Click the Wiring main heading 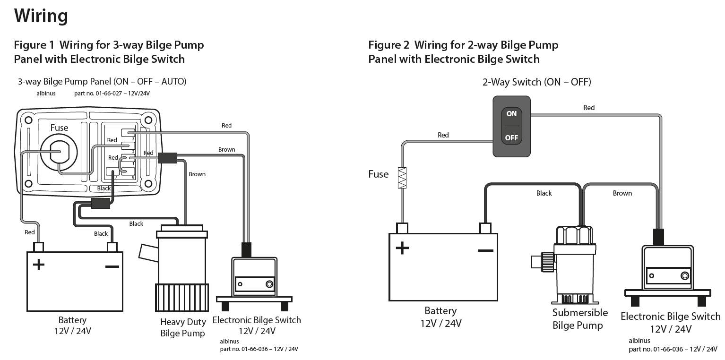41,16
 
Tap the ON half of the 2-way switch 511,114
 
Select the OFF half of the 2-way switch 511,138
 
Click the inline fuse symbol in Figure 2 402,178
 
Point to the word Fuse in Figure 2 379,174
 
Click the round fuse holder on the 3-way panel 58,152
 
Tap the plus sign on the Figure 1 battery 38,264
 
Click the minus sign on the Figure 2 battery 485,249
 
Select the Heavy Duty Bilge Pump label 183,327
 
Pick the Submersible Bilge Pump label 580,319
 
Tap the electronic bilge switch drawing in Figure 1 254,279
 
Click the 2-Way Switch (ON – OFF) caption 536,82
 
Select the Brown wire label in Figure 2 622,193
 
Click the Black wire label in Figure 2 544,193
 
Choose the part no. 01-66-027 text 112,94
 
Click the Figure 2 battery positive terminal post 402,228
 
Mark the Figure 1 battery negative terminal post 112,247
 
